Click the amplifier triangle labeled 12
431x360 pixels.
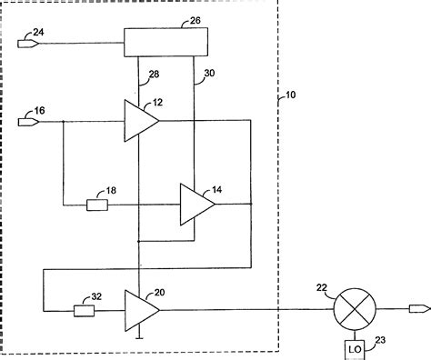[x=139, y=120]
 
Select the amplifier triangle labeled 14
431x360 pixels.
[x=195, y=204]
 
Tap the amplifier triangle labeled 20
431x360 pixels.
[x=139, y=309]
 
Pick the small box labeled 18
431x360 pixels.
[x=97, y=204]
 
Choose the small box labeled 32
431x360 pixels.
[x=84, y=310]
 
